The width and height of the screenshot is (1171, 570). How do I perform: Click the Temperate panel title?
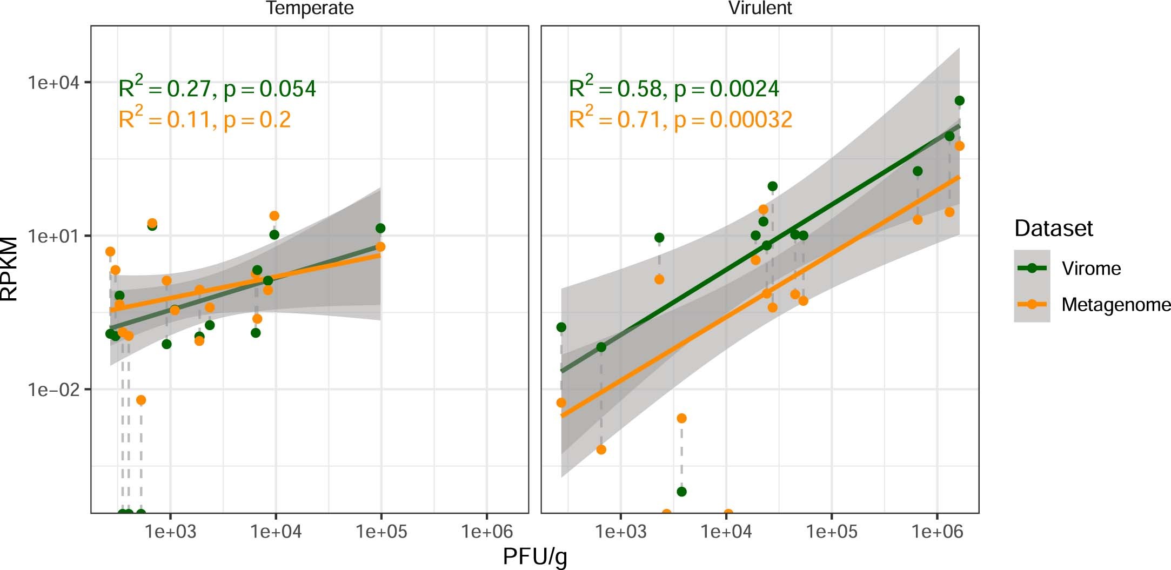(x=310, y=9)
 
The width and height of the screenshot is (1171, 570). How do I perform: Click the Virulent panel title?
(x=760, y=9)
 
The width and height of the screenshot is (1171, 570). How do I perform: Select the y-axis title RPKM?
(x=10, y=269)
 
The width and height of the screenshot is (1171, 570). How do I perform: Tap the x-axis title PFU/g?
(x=535, y=556)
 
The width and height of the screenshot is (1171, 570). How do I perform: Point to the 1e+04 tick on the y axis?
(x=53, y=83)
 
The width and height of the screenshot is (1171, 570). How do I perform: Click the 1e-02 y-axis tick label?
(x=53, y=390)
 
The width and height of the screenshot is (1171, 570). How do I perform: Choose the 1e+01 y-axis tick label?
(x=53, y=236)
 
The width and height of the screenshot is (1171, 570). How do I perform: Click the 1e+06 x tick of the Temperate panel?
(x=486, y=532)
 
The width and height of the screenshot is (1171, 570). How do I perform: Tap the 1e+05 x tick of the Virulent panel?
(x=831, y=532)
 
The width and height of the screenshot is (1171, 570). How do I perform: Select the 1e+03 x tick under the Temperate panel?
(x=171, y=532)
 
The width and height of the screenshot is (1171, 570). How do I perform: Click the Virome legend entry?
(x=1090, y=269)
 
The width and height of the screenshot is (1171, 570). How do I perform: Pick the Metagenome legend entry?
(x=1115, y=305)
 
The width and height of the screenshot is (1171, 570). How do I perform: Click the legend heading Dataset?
(x=1053, y=229)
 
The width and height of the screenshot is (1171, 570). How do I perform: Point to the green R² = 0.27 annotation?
(x=217, y=88)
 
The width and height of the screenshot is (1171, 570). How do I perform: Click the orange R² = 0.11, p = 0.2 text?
(x=204, y=119)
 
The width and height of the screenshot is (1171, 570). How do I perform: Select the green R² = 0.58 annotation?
(x=673, y=88)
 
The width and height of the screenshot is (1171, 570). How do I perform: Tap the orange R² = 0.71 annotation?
(x=680, y=119)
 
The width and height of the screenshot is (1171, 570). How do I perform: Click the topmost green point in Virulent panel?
(x=959, y=100)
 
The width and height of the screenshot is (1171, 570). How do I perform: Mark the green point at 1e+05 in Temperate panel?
(x=380, y=228)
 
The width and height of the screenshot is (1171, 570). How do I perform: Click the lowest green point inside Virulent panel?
(x=681, y=492)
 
